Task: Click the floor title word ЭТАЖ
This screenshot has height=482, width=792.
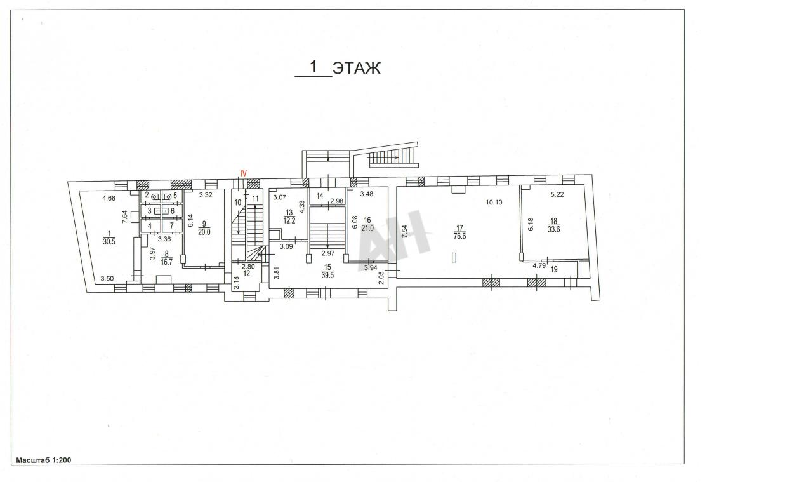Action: [x=357, y=68]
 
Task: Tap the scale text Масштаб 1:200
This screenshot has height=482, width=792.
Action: [x=44, y=460]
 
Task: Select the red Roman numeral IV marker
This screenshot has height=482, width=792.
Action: [x=243, y=173]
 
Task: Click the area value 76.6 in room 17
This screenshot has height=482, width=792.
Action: [x=459, y=236]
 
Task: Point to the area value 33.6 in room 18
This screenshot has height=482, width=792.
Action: [x=553, y=229]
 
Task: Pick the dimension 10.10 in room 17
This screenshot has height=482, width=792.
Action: [x=494, y=203]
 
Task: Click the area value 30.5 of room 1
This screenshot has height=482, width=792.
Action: [x=109, y=242]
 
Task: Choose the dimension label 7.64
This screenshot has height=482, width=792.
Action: [x=124, y=217]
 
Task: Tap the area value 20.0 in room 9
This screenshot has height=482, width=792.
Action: [x=204, y=232]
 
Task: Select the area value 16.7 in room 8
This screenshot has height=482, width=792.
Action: [x=166, y=262]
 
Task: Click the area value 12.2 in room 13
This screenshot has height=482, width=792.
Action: [x=289, y=220]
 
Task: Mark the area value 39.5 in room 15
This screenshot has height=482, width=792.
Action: [x=327, y=276]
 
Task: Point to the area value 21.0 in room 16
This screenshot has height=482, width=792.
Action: [x=367, y=229]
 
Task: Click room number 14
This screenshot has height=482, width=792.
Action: [x=320, y=196]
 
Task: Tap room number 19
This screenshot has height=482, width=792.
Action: [x=554, y=269]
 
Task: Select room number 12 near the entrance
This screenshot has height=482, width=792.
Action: [x=247, y=274]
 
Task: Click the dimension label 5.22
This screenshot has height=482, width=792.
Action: [x=557, y=194]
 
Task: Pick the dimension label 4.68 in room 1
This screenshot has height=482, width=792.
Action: [x=109, y=198]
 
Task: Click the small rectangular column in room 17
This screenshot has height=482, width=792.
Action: [x=454, y=258]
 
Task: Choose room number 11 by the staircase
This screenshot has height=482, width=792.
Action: [x=255, y=199]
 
